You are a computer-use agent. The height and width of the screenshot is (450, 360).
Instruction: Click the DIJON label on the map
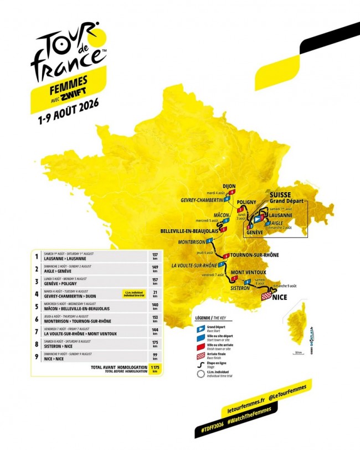[229, 186]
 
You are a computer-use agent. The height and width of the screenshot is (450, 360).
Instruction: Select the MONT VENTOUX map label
[248, 272]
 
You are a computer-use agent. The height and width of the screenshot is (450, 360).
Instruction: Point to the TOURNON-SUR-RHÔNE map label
[255, 255]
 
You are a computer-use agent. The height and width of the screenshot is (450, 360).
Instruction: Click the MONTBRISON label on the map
[191, 242]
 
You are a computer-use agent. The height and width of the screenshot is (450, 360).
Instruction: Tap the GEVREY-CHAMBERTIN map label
[202, 200]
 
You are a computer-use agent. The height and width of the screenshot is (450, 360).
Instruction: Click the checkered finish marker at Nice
[266, 297]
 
